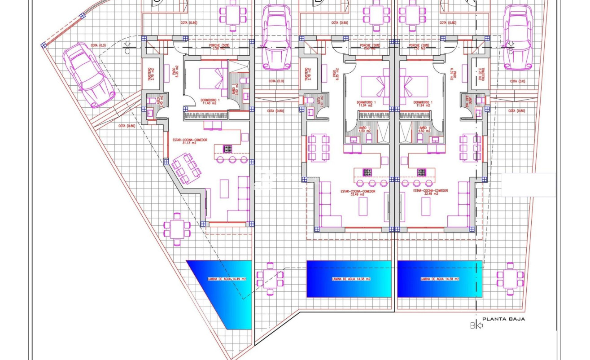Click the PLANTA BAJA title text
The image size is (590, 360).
(503, 319)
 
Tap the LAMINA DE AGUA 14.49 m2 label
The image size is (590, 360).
(227, 279)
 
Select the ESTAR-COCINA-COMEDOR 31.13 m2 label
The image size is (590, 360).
(190, 141)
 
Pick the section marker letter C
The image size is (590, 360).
(127, 51)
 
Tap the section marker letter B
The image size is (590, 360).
(472, 326)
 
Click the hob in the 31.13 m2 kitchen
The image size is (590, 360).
(227, 149)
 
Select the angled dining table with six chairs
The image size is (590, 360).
(185, 168)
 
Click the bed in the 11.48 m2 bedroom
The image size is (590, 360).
(212, 78)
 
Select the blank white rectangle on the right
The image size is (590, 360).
(528, 184)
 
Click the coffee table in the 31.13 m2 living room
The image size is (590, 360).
(224, 189)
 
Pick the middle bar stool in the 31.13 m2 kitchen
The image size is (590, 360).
(232, 159)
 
